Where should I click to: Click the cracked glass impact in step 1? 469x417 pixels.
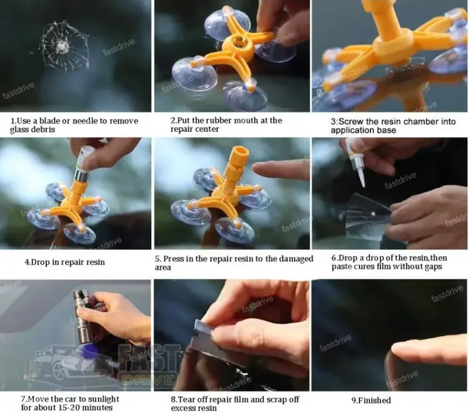click(x=64, y=46)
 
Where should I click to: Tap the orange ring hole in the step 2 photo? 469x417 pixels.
click(x=239, y=41)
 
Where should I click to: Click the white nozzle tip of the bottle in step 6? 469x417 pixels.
click(x=361, y=180)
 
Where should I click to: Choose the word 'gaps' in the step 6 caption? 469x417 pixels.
click(x=432, y=266)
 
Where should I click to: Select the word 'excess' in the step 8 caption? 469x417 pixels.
click(x=182, y=408)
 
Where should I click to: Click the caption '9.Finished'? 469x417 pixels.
click(x=371, y=400)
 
